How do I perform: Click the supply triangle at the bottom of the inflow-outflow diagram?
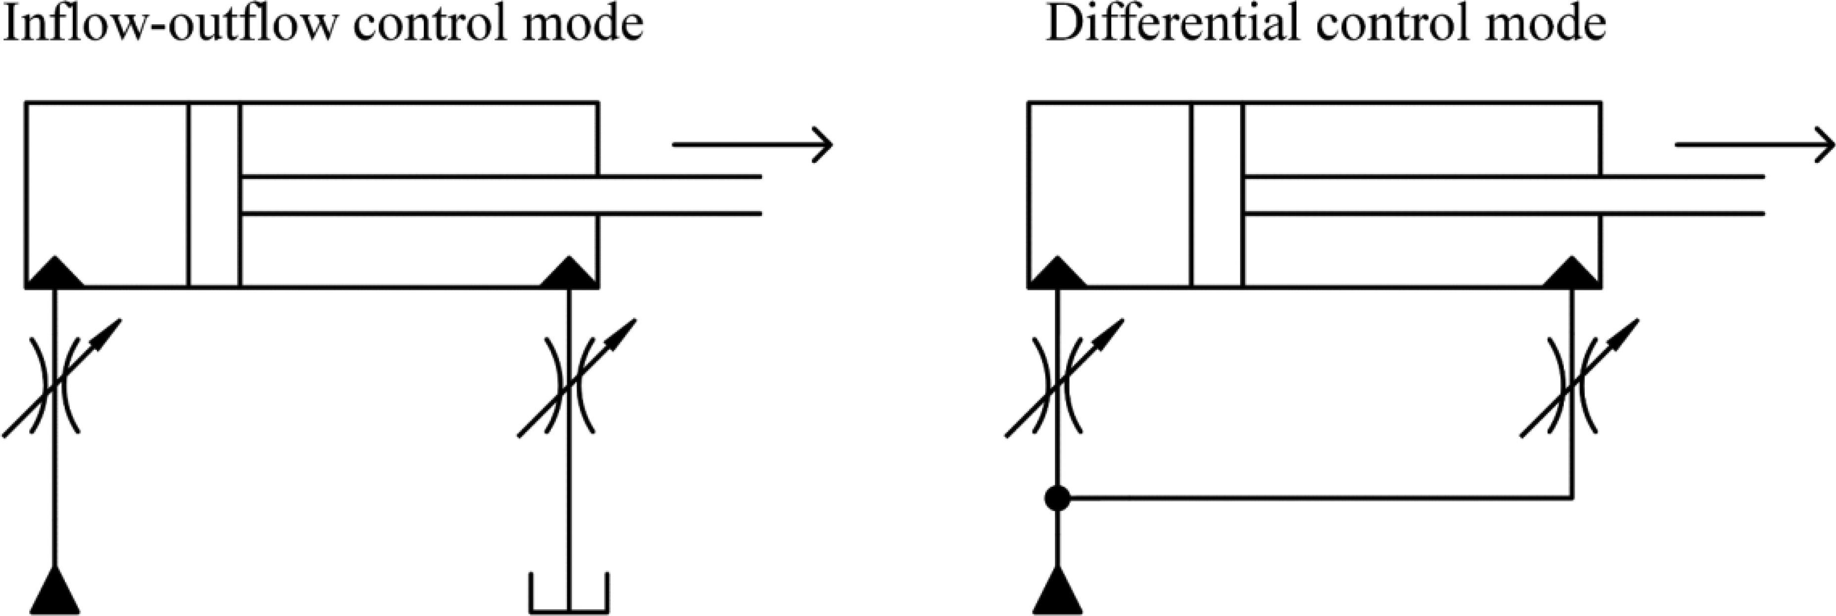click(x=55, y=593)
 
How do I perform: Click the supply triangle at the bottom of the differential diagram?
click(x=1058, y=593)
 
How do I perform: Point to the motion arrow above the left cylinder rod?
click(x=752, y=144)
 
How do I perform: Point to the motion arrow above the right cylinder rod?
click(x=1754, y=144)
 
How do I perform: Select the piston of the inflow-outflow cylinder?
click(x=214, y=195)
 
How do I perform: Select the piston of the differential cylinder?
click(x=1217, y=195)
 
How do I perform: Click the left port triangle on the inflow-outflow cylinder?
click(x=55, y=274)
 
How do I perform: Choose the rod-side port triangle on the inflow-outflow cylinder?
click(x=569, y=274)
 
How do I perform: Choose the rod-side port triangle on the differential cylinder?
click(x=1572, y=274)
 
